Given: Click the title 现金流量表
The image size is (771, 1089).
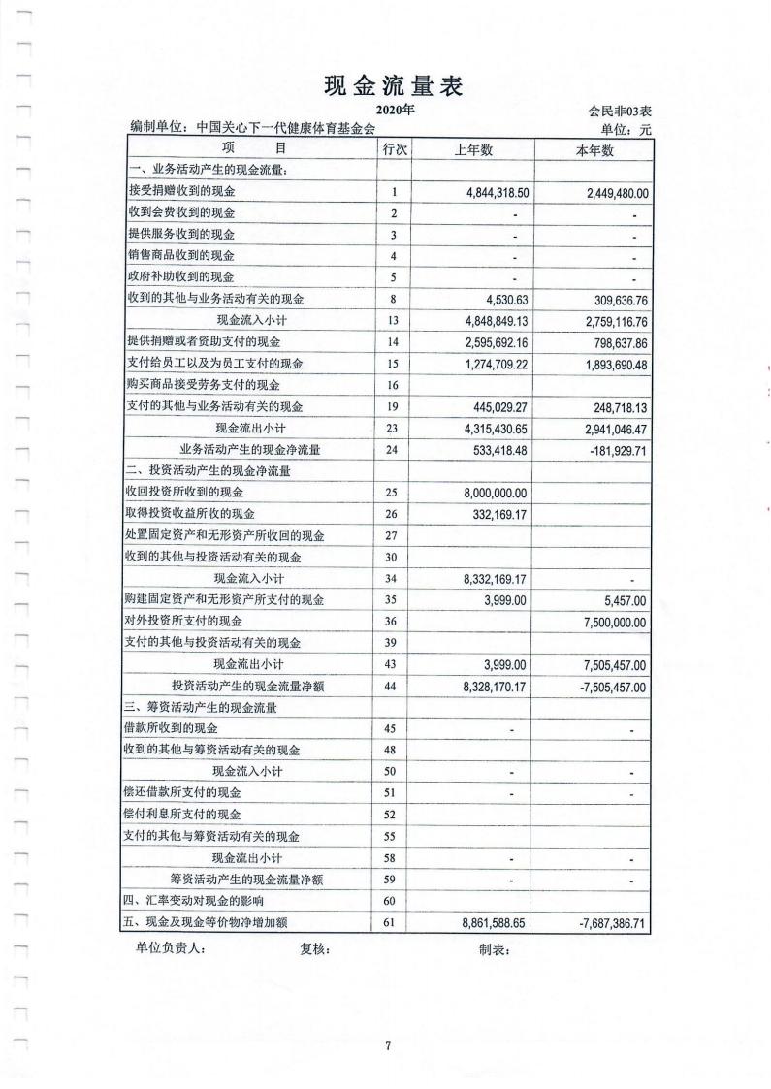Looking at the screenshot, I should (x=393, y=86).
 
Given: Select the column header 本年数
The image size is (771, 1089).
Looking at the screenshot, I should (x=594, y=150).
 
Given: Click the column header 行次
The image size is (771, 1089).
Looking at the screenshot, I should (x=394, y=150).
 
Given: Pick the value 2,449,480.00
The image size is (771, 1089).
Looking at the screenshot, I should (x=609, y=193).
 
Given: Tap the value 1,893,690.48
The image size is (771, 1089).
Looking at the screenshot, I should (x=609, y=364).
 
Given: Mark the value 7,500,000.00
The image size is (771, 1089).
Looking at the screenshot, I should (x=609, y=622).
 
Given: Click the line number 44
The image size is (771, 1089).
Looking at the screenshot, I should (x=394, y=687).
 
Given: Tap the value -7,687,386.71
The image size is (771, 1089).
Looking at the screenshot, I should (x=607, y=923).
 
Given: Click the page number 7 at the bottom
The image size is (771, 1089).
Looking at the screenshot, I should (x=387, y=1045).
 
